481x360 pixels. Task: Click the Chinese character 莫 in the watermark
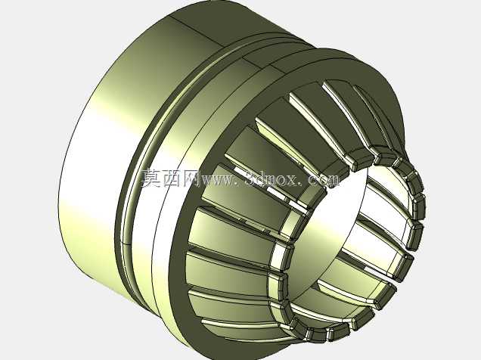click(x=151, y=178)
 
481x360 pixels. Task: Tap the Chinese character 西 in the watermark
click(x=172, y=178)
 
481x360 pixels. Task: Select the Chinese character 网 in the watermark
click(x=191, y=178)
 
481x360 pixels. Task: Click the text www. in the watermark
click(x=221, y=181)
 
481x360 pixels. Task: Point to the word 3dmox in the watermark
click(x=272, y=178)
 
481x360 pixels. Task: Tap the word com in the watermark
click(x=324, y=181)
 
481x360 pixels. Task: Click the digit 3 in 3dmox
click(x=252, y=178)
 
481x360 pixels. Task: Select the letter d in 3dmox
click(x=262, y=178)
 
